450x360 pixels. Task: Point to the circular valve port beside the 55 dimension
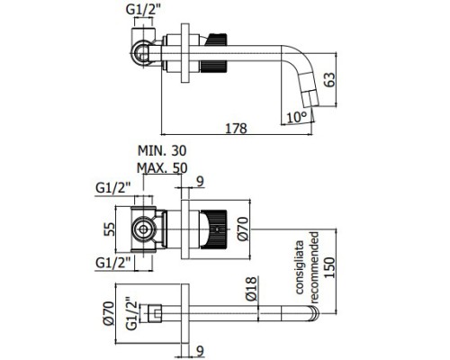coord(141,231)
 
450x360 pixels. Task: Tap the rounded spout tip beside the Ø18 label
coord(315,313)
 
